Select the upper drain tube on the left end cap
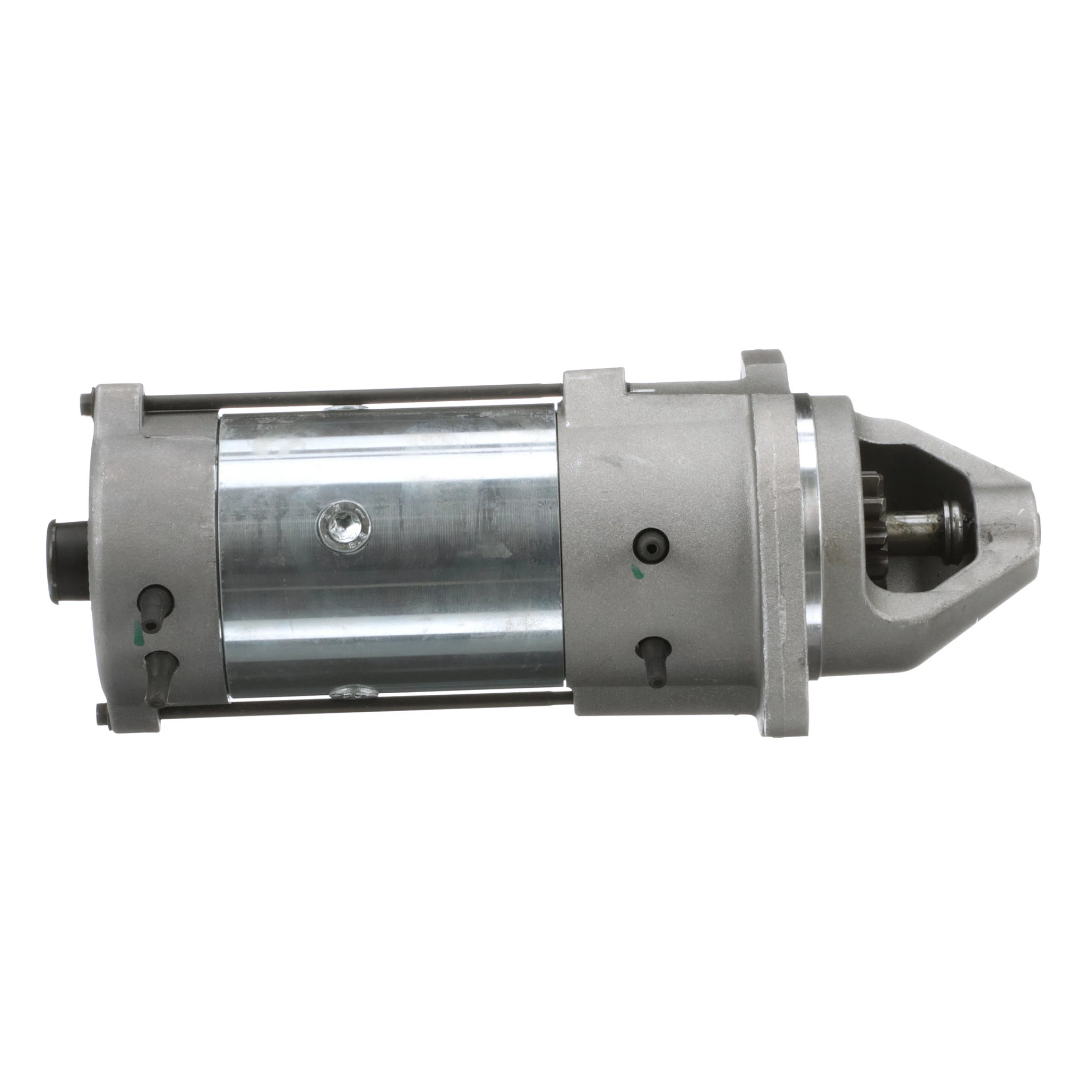(x=153, y=607)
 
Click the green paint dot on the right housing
(x=637, y=572)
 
